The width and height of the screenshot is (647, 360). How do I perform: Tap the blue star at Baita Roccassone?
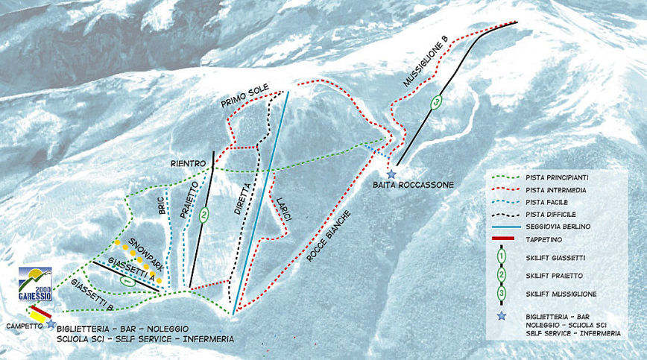tap(391, 173)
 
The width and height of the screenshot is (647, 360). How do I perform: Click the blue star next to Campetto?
tap(51, 323)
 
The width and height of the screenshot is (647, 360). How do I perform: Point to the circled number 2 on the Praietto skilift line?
tap(203, 215)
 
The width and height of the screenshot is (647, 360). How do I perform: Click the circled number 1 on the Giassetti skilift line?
tap(127, 282)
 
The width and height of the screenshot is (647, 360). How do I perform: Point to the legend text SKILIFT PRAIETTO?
tap(555, 276)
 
